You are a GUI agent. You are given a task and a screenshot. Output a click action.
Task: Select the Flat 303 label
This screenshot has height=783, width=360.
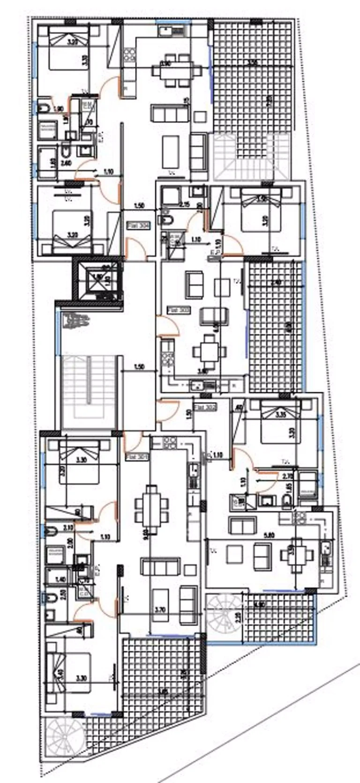point(178,310)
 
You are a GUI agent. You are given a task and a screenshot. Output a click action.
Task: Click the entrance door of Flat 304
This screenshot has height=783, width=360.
point(135,248)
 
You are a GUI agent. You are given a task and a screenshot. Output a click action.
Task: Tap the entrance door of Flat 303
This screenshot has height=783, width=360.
point(167,326)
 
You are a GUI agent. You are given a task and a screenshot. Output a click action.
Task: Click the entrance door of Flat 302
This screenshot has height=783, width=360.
point(167,410)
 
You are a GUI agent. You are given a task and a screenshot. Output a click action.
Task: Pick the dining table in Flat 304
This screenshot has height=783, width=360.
point(171,71)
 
